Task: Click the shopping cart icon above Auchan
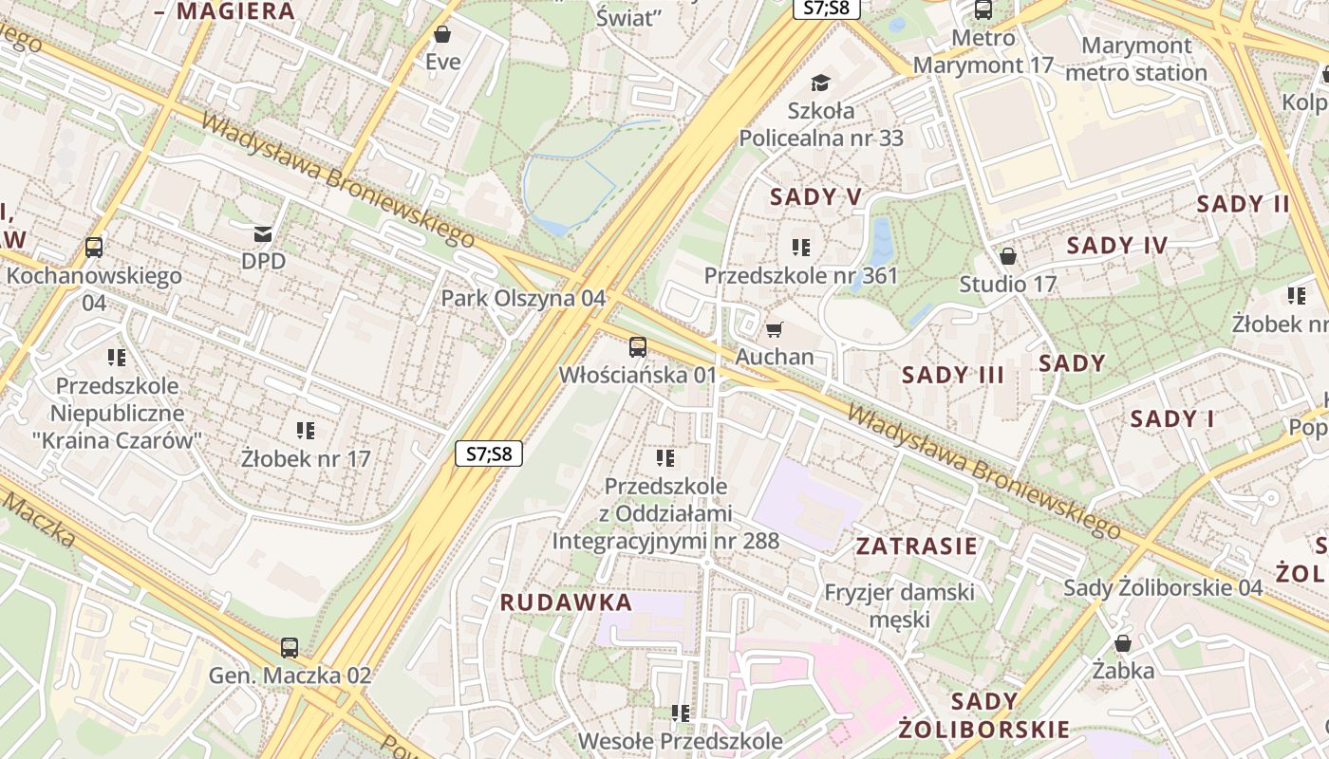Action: coord(775,330)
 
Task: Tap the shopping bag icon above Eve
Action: coord(441,35)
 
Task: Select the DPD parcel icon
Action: coord(262,233)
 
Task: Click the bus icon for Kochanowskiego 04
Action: coord(94,248)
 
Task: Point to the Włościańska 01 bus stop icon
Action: coord(638,347)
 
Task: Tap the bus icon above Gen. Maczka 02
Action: coord(290,648)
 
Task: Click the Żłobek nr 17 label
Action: coord(305,458)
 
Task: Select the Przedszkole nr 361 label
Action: coord(800,276)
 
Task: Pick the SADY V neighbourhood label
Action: coord(815,196)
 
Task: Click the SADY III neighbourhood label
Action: coord(952,375)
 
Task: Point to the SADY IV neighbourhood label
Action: coord(1116,246)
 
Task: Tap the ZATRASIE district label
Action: coord(916,546)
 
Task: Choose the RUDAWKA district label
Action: coord(566,602)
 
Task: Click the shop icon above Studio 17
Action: coord(1008,257)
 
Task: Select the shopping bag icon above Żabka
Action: coord(1123,644)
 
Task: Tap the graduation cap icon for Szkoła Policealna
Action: coord(820,83)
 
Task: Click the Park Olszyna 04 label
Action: coord(522,298)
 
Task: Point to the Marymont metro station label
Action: coord(1135,59)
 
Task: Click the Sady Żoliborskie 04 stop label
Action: coord(1163,587)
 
